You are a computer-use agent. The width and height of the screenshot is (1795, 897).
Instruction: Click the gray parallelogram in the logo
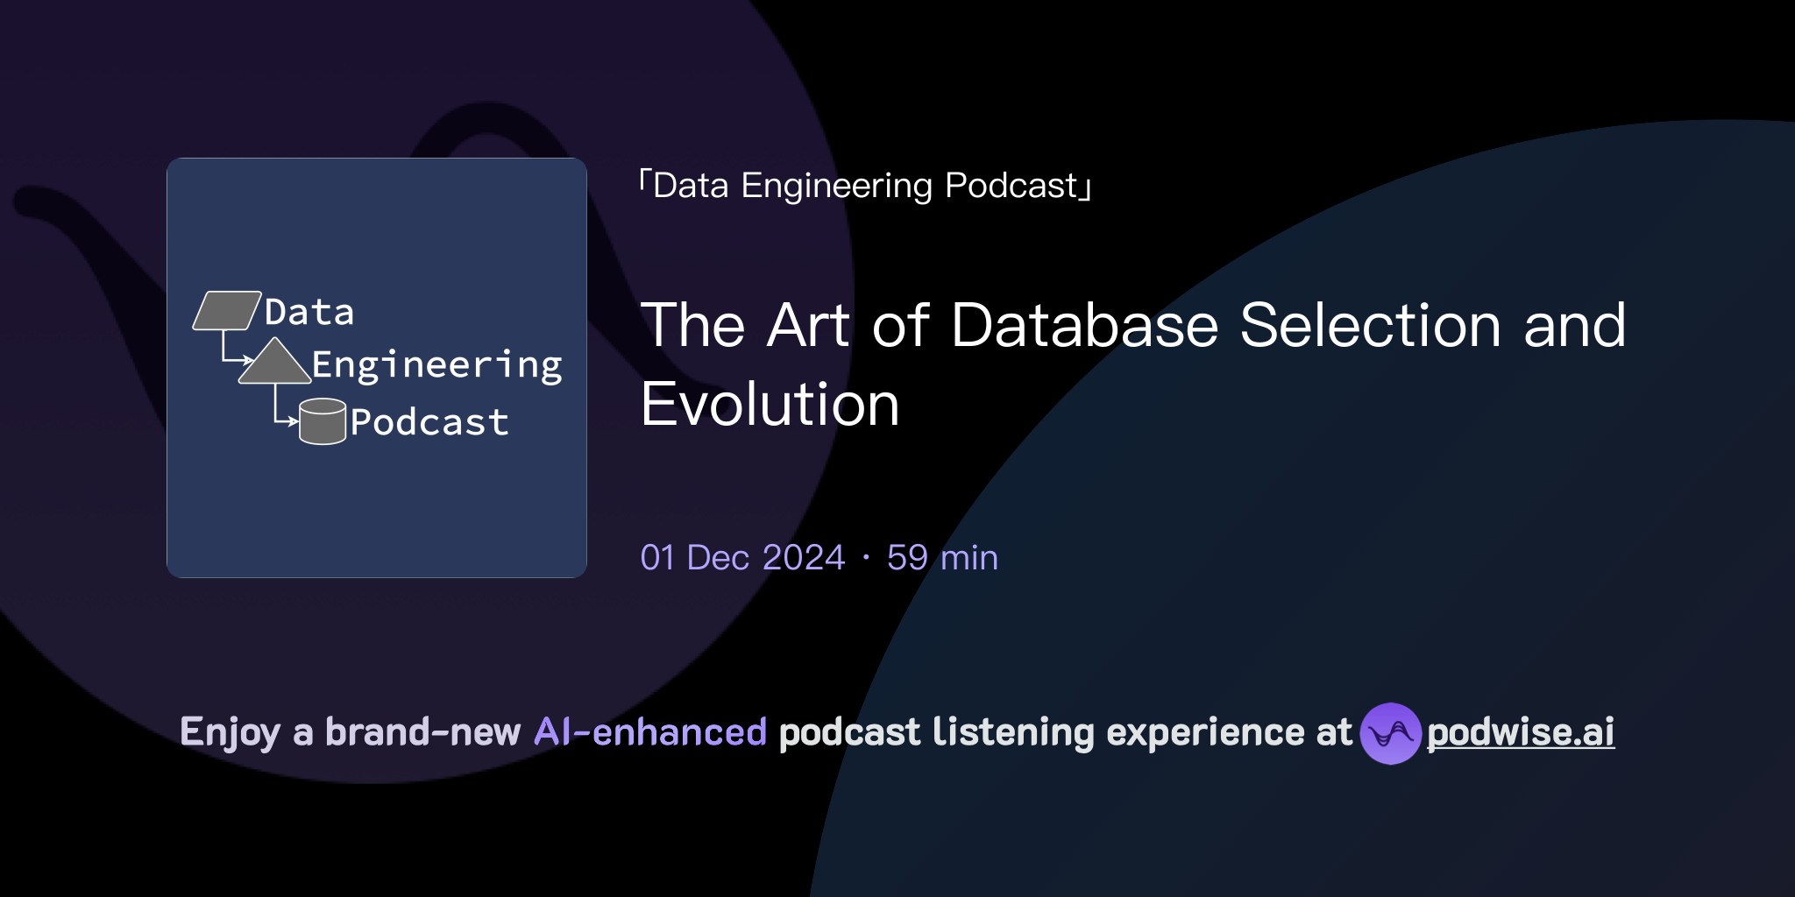coord(227,310)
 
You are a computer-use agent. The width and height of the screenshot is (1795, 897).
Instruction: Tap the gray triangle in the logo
coord(275,362)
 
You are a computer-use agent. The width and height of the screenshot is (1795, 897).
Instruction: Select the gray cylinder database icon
coord(323,421)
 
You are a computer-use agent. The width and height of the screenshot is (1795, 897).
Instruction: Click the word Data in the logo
coord(309,312)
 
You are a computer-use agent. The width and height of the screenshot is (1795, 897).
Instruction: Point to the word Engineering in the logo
coord(437,365)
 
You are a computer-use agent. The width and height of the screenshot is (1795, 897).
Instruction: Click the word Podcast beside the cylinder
coord(429,422)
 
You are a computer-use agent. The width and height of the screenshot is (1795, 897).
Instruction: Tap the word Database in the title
coord(1085,325)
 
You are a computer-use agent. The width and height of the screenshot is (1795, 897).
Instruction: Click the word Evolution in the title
coord(770,404)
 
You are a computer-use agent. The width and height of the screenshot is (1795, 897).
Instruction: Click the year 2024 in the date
coord(804,557)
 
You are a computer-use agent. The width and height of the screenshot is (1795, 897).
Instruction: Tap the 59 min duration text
coord(942,557)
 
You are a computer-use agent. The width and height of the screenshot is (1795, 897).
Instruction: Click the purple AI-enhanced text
coord(650,732)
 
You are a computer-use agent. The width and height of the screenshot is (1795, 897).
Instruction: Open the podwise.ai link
coord(1521,732)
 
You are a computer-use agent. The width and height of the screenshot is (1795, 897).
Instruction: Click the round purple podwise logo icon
coord(1390,733)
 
